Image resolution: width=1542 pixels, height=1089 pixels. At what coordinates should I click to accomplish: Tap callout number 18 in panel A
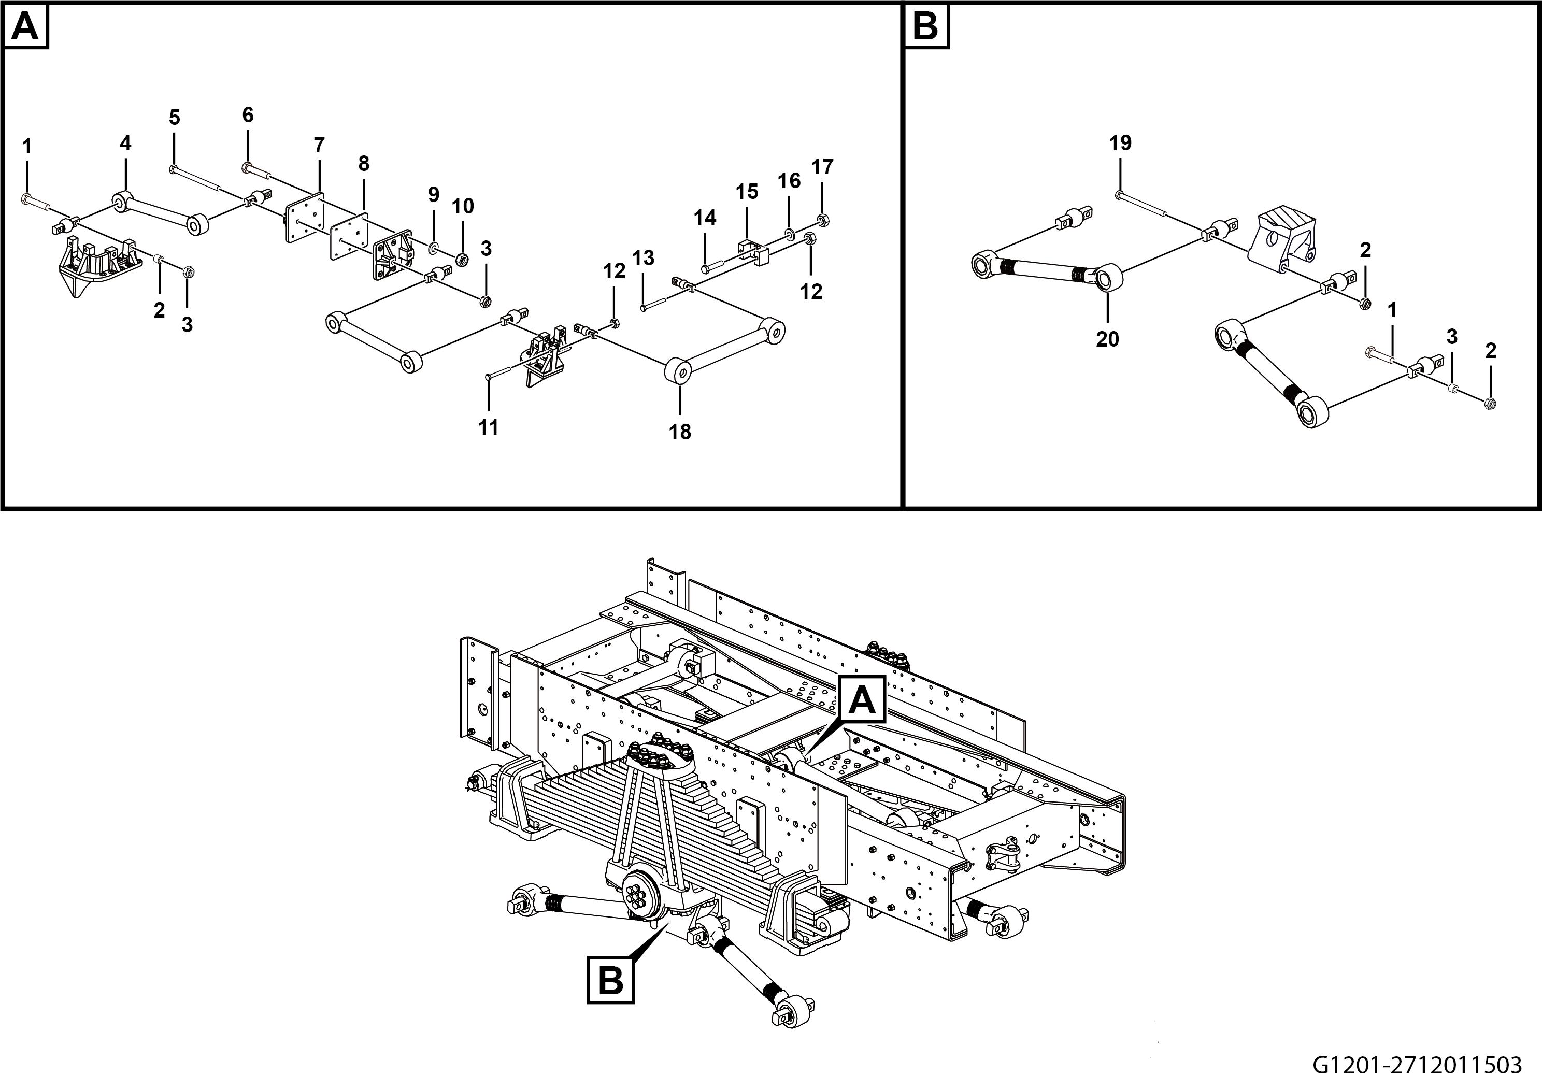[x=680, y=432]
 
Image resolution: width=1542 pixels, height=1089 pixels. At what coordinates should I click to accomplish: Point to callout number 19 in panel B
[x=1120, y=143]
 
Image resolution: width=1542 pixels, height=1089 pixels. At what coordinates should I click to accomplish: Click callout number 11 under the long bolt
[x=488, y=427]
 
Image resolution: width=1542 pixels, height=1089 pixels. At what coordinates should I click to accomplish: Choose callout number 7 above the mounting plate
[x=319, y=145]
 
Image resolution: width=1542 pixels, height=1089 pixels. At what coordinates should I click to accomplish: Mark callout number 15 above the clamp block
[x=746, y=192]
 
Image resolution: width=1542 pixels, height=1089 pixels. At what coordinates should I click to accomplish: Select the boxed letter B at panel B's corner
[x=925, y=27]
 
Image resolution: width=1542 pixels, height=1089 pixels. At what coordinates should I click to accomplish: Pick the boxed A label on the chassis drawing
[x=862, y=701]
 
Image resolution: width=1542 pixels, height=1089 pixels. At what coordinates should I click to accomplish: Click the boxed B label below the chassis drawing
[x=610, y=980]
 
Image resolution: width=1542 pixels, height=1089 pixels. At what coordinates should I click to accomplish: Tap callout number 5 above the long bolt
[x=175, y=118]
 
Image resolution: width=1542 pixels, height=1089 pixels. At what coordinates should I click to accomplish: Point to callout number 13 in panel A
[x=642, y=258]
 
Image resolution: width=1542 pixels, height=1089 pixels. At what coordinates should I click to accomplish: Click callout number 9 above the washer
[x=434, y=195]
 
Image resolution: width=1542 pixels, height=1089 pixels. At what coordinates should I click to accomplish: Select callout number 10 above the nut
[x=463, y=206]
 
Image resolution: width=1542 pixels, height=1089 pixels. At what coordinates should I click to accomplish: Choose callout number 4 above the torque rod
[x=125, y=143]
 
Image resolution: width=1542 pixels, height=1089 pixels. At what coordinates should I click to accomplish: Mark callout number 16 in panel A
[x=789, y=181]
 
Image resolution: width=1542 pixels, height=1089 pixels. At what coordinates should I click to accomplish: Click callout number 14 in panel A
[x=705, y=218]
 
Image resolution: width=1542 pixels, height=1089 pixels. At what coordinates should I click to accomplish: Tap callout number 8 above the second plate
[x=363, y=164]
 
